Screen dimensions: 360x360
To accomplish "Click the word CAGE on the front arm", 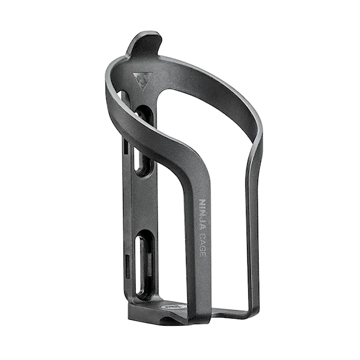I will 203,244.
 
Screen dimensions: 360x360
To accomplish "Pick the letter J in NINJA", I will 202,220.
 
